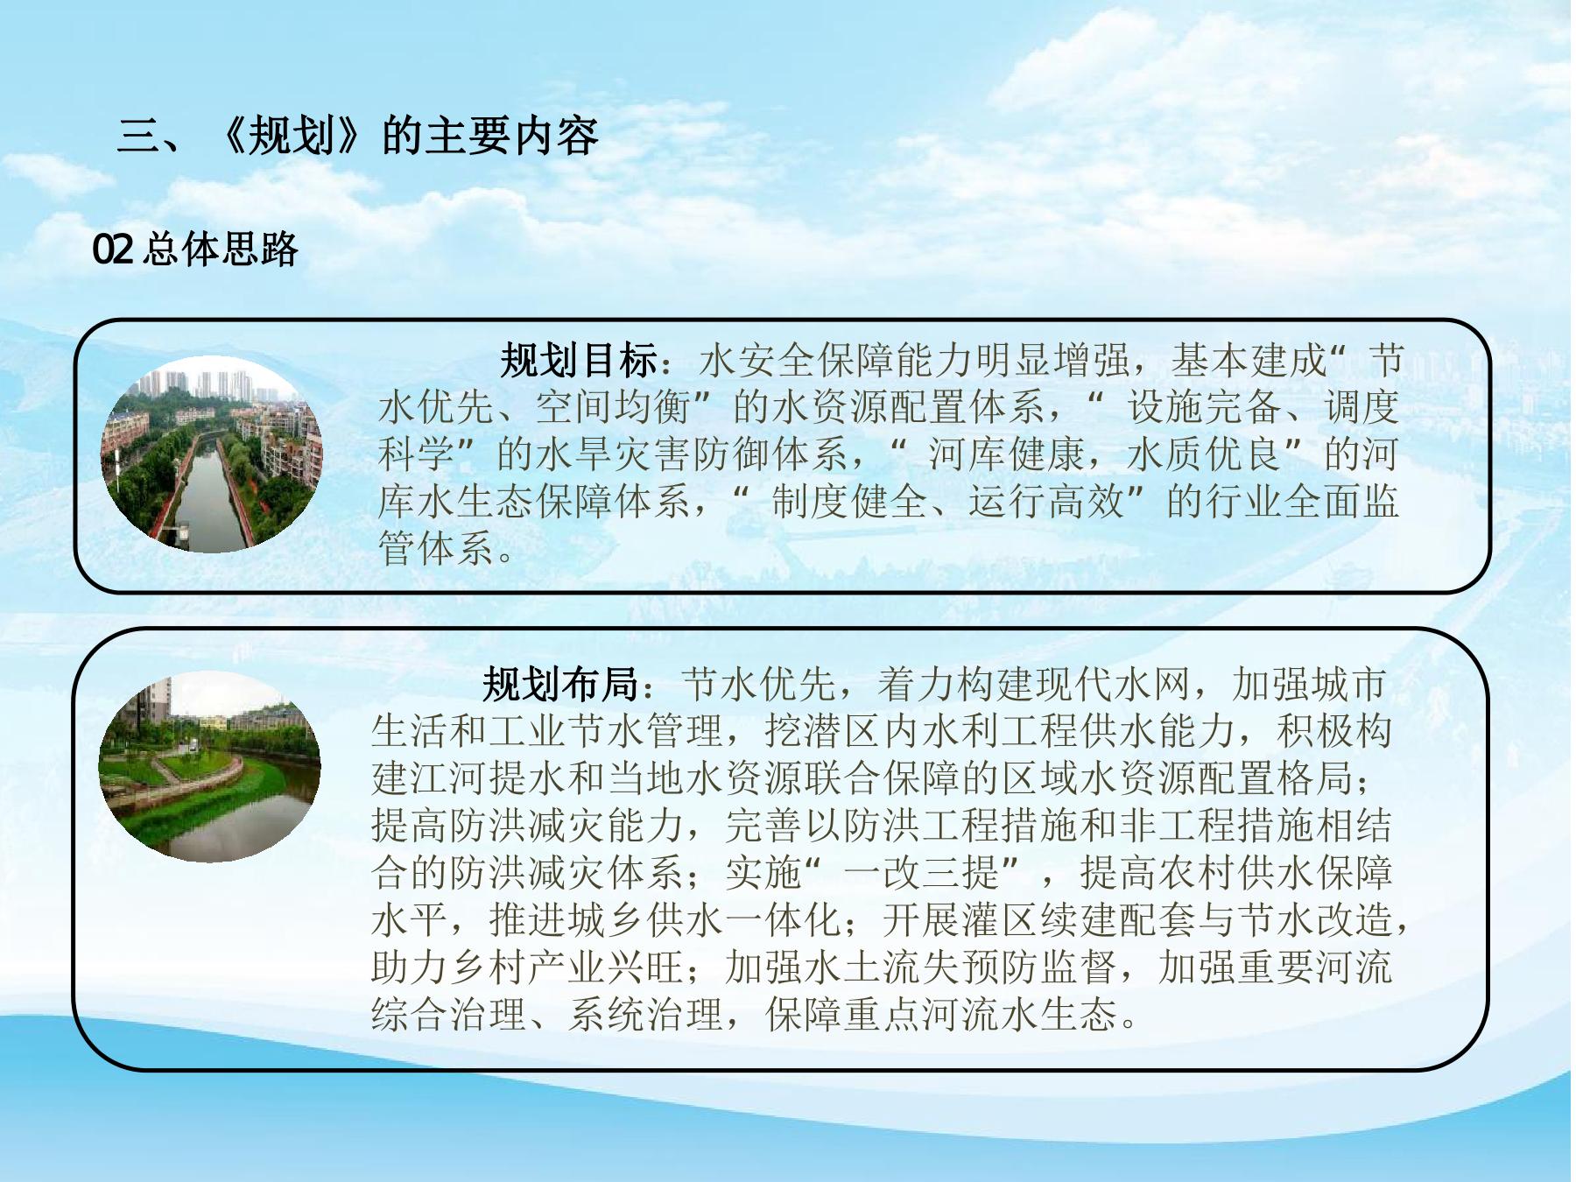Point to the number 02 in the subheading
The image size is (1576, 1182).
tap(113, 250)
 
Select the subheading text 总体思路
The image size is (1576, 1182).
tap(220, 250)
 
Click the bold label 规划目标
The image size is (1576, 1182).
tap(579, 360)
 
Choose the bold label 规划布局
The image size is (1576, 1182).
tap(560, 684)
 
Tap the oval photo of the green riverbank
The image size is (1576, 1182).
tap(209, 766)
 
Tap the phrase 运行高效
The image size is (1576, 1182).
tap(1046, 502)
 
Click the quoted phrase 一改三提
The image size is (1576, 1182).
tap(922, 873)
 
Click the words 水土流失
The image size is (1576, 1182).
tap(883, 967)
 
